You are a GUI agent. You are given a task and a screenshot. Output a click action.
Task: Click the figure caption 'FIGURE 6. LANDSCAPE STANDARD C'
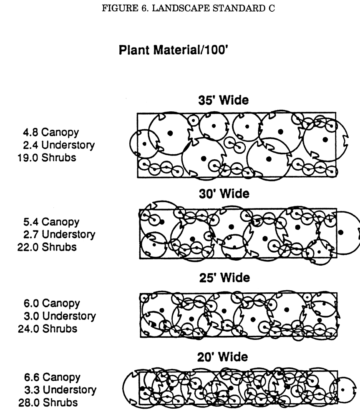188,9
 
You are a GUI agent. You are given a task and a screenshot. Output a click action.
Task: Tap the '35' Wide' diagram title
223,101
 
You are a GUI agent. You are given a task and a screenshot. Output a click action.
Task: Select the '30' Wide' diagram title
223,194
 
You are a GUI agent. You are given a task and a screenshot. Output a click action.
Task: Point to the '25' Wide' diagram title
223,278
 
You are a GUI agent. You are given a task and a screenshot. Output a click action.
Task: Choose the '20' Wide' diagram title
223,357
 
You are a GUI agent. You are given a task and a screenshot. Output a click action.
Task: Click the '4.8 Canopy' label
50,133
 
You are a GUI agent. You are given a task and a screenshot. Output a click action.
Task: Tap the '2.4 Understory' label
58,145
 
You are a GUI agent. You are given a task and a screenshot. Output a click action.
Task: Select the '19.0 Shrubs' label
46,158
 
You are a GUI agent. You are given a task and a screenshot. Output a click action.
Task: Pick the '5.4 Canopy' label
50,221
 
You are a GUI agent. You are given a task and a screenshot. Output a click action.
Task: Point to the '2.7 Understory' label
58,234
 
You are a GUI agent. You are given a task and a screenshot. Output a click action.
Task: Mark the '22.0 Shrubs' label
46,247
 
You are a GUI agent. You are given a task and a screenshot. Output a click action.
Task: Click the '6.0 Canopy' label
50,303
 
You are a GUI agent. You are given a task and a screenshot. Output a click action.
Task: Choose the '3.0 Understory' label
58,316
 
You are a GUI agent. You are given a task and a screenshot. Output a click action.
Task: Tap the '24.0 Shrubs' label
47,329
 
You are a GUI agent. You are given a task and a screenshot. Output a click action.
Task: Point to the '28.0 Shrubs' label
47,403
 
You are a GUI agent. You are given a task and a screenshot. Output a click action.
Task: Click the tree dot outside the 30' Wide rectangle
341,232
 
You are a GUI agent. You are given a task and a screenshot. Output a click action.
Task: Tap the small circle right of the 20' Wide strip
343,390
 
